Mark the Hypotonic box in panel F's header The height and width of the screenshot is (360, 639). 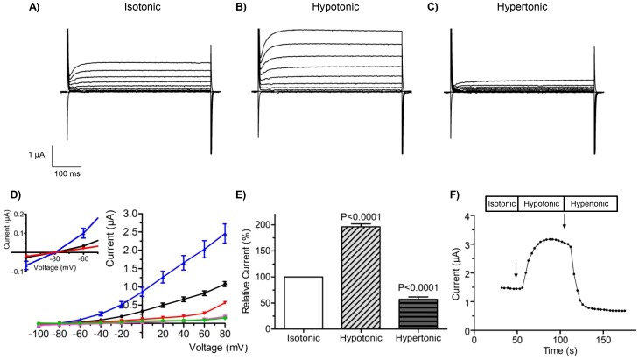coord(542,203)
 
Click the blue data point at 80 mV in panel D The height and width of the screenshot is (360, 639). coord(225,236)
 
